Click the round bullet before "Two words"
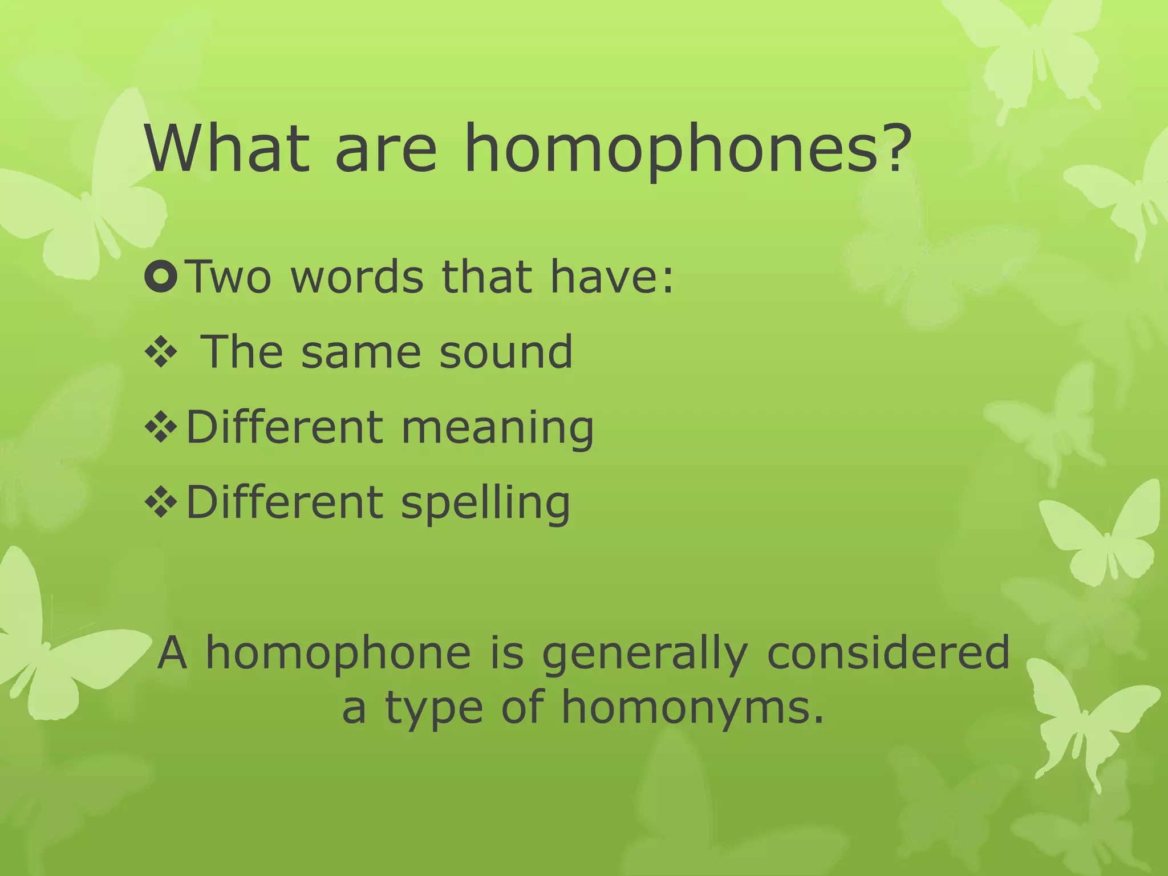162,275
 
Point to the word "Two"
229,277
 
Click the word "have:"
611,277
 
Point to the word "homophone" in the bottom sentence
338,654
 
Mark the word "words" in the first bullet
357,277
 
